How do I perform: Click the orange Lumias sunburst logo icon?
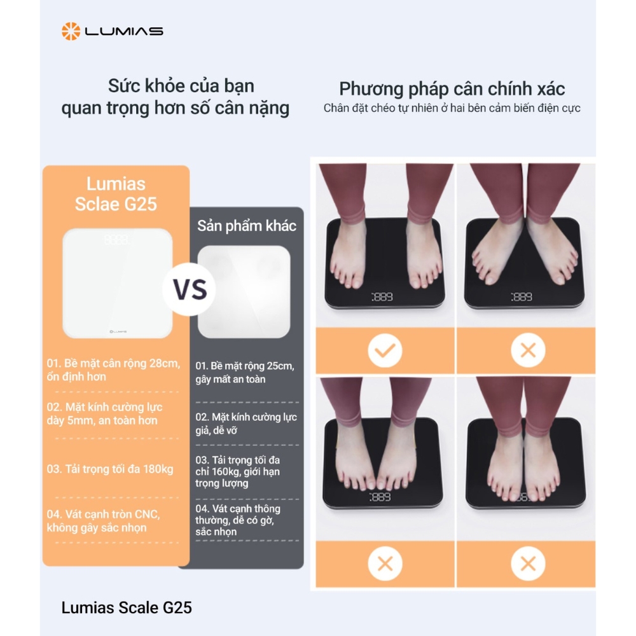[71, 31]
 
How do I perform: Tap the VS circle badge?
[191, 289]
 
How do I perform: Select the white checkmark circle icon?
[385, 350]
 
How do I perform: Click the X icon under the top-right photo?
[527, 350]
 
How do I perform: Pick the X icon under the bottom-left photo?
[385, 563]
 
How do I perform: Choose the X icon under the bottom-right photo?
[527, 563]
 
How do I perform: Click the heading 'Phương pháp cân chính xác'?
[452, 89]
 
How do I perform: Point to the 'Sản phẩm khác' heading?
[247, 226]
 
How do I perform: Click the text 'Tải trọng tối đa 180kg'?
[110, 469]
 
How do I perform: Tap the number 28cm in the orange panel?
[165, 364]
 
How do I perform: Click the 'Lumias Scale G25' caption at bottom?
[127, 608]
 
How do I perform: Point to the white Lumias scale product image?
[117, 283]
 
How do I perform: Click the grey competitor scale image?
[244, 291]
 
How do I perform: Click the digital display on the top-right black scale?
[521, 297]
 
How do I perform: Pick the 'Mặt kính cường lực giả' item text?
[245, 424]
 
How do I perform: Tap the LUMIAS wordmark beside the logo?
[124, 31]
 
